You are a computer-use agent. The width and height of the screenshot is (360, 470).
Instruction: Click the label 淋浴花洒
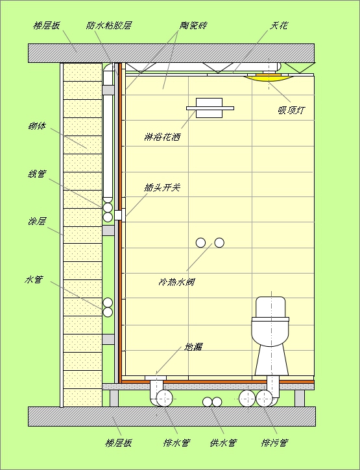click(162, 137)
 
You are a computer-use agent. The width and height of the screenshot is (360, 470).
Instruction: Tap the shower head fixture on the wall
click(210, 108)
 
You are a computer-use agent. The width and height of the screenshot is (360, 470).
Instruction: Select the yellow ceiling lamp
click(269, 77)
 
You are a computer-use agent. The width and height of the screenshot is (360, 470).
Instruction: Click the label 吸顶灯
click(291, 110)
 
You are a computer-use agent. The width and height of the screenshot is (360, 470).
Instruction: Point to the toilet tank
click(271, 307)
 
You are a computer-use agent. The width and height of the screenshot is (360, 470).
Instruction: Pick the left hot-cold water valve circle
click(200, 242)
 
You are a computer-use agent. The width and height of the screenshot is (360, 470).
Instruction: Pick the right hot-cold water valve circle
click(219, 242)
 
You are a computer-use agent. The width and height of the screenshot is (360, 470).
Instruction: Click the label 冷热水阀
click(176, 282)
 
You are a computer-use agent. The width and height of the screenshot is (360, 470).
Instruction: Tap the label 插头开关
click(162, 187)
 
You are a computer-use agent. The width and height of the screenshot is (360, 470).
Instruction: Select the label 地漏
click(193, 347)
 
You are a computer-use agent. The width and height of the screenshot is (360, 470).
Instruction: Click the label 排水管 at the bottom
click(176, 442)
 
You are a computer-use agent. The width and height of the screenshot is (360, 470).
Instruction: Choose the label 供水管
click(224, 442)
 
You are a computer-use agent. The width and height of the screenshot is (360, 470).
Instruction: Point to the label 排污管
click(274, 442)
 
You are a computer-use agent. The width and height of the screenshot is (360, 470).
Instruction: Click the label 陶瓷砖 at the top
click(193, 25)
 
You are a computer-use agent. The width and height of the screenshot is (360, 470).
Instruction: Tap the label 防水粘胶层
click(108, 25)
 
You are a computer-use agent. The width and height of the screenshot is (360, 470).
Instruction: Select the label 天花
click(279, 25)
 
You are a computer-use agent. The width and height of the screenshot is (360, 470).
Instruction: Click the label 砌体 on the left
click(37, 126)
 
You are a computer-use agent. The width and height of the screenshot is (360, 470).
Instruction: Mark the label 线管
click(37, 174)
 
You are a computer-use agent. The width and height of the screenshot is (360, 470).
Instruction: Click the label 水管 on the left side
click(34, 279)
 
